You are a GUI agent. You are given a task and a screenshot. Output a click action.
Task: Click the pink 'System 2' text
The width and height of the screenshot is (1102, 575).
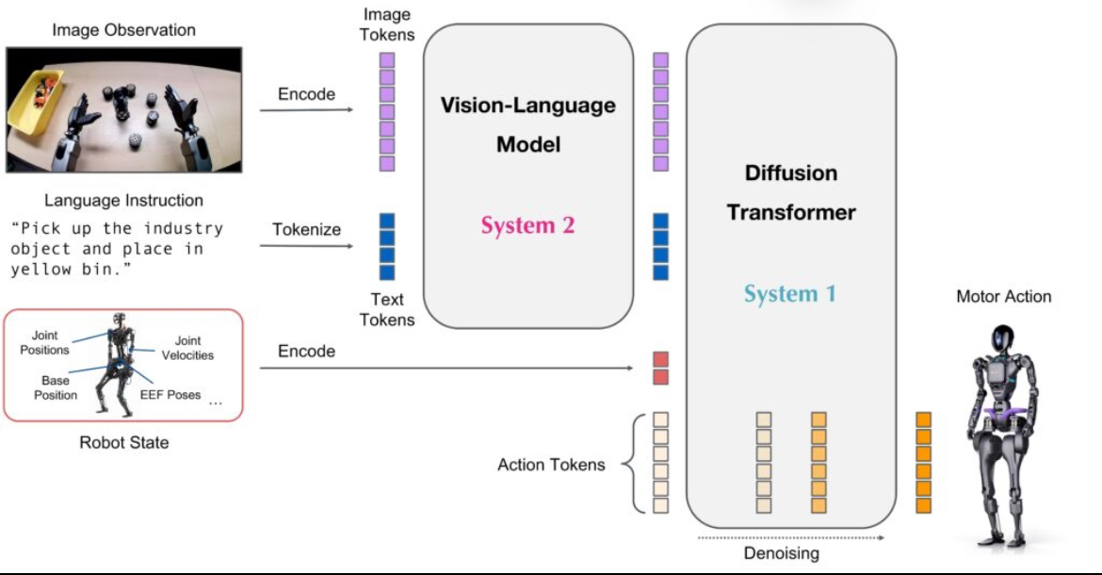(527, 225)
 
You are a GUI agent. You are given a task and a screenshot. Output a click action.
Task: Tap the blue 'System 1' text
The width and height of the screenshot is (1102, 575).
(790, 293)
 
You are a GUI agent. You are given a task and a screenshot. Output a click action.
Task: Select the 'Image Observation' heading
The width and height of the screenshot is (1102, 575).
(123, 29)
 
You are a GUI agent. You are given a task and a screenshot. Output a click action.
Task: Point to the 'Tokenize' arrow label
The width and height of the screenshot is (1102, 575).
(306, 229)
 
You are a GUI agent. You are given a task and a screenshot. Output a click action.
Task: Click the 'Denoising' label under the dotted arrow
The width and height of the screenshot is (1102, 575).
(782, 553)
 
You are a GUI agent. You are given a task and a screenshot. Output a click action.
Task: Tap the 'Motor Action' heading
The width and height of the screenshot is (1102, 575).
(1004, 296)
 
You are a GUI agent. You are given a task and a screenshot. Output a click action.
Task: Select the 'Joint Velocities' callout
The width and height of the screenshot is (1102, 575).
(187, 348)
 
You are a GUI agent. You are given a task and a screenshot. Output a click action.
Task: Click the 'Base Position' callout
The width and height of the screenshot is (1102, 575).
(56, 387)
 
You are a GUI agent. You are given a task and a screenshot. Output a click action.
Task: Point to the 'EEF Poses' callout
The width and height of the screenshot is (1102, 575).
(170, 394)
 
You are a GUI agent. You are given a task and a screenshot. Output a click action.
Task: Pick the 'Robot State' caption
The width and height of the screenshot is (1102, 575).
(123, 442)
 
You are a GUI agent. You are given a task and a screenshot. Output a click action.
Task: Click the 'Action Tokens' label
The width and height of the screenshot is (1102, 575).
(551, 464)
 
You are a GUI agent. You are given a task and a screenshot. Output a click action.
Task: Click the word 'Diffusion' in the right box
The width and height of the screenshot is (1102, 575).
(791, 172)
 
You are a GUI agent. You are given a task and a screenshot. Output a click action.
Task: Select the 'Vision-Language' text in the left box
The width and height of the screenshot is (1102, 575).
(527, 106)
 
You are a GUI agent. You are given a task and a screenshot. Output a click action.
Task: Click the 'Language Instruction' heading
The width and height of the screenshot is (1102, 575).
(123, 201)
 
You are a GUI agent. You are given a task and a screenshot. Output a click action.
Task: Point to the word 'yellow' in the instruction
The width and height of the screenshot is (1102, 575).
(41, 270)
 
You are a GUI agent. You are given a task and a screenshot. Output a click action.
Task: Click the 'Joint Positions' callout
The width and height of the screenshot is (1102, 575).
(44, 342)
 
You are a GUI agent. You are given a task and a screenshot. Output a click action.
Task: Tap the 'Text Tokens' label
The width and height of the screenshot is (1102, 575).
(387, 309)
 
